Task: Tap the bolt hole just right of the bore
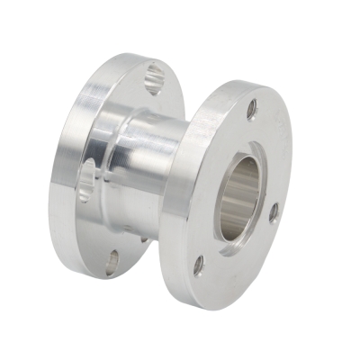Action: pyautogui.click(x=274, y=212)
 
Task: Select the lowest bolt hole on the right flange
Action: pyautogui.click(x=199, y=265)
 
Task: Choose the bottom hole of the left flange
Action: pyautogui.click(x=112, y=261)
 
